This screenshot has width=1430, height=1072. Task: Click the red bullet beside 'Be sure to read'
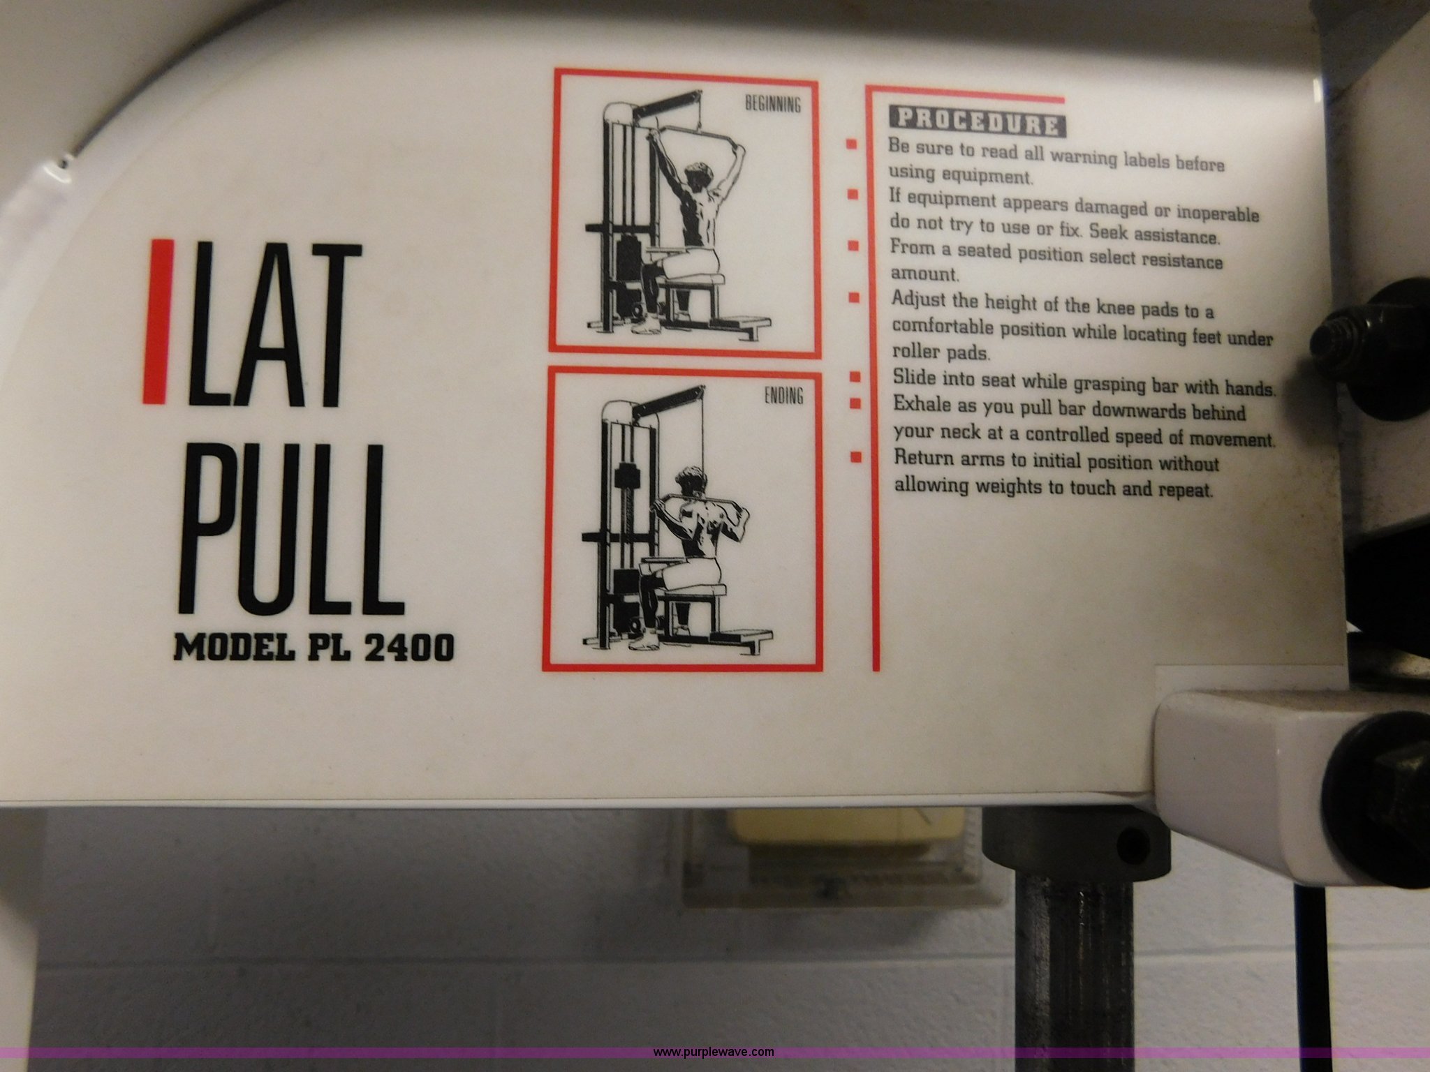click(851, 145)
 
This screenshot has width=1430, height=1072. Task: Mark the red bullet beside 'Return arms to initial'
click(854, 458)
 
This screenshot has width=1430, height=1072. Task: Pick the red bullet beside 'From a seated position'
click(853, 246)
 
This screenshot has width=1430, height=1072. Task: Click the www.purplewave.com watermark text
click(714, 1052)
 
